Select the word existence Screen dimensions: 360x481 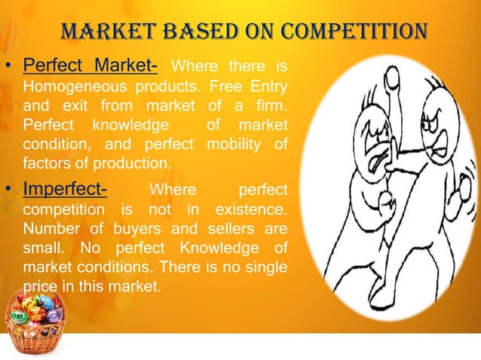252,207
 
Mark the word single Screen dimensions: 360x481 265,267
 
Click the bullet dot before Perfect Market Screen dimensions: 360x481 8,69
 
